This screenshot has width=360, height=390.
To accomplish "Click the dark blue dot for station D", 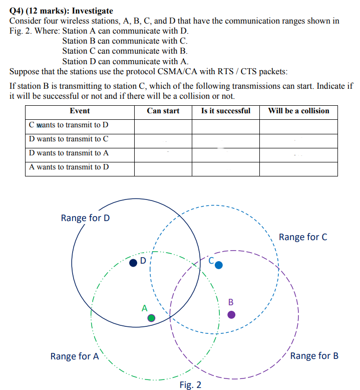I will click(133, 262).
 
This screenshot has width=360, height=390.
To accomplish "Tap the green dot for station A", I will click(151, 318).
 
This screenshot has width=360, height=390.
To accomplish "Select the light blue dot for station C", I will click(218, 265).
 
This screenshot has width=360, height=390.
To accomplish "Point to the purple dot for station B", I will click(231, 315).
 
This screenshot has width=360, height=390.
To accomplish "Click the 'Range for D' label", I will click(85, 218).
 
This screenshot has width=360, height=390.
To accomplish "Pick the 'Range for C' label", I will click(303, 237).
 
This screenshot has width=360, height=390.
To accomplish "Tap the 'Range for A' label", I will click(75, 356).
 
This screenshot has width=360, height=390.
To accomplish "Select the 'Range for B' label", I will click(314, 355).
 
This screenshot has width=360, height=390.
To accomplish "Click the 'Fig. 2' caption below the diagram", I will click(190, 384).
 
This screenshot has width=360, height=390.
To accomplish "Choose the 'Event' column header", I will click(80, 111).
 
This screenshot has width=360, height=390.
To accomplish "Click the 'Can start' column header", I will click(163, 111).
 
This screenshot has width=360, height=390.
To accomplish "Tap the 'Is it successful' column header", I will click(225, 111).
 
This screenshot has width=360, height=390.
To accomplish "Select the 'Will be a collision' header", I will click(298, 111).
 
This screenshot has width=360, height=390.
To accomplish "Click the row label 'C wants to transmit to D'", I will click(69, 125).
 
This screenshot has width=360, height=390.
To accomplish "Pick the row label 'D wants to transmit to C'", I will click(69, 139).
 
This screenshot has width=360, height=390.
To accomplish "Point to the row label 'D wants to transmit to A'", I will click(69, 153).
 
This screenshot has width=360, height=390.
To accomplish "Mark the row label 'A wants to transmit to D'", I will click(69, 167).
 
